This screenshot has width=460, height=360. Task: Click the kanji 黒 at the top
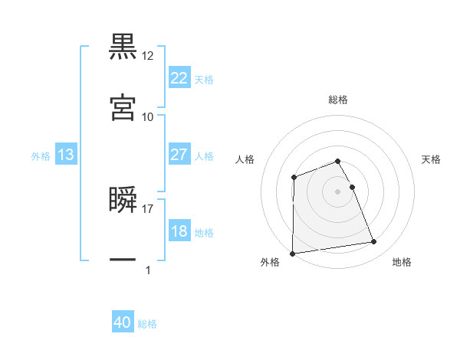123,47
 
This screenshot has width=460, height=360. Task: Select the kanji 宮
123,107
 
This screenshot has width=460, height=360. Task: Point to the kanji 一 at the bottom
123,260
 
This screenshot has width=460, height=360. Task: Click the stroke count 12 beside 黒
148,56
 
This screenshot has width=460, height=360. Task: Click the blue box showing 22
179,78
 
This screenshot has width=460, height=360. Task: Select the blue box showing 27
179,155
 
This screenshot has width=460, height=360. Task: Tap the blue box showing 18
179,232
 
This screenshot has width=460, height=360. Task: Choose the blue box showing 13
66,155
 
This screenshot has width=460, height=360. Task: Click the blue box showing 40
123,323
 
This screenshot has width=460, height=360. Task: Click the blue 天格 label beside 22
204,79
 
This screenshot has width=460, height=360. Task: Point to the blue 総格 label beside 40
147,324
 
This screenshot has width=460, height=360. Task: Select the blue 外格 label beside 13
41,155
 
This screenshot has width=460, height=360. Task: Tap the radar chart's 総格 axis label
338,100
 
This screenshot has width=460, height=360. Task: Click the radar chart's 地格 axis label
402,262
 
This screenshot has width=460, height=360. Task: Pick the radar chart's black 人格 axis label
245,159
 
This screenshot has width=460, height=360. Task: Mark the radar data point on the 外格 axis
292,253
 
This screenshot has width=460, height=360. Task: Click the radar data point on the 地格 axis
374,242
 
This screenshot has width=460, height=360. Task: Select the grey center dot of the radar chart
338,191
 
